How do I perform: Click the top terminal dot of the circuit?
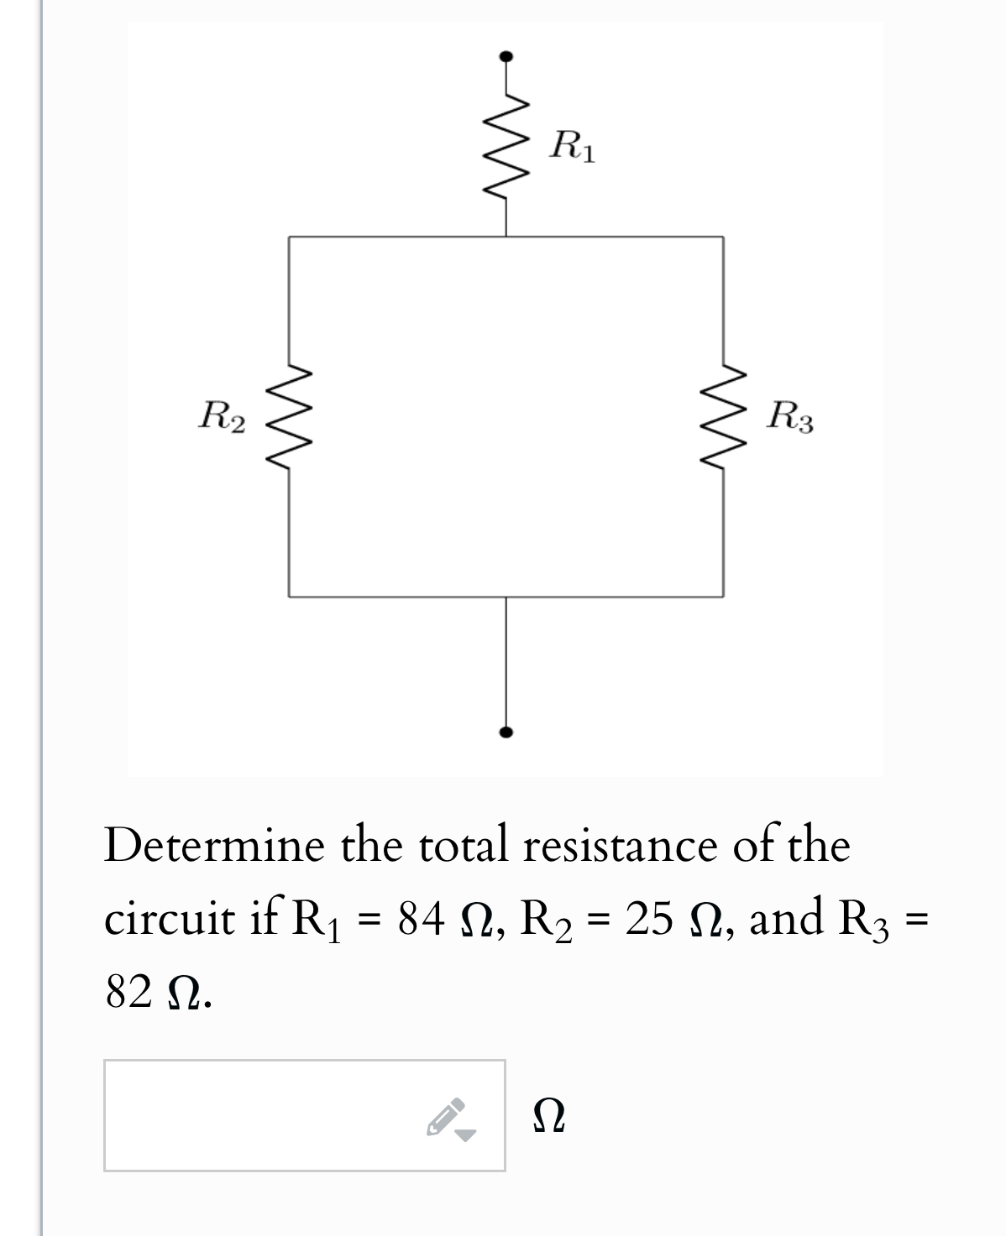click(x=506, y=57)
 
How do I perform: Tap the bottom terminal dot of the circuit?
click(x=506, y=732)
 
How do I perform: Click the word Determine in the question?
click(x=213, y=845)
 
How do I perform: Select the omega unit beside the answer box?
click(x=549, y=1118)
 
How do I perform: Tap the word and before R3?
click(x=786, y=917)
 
